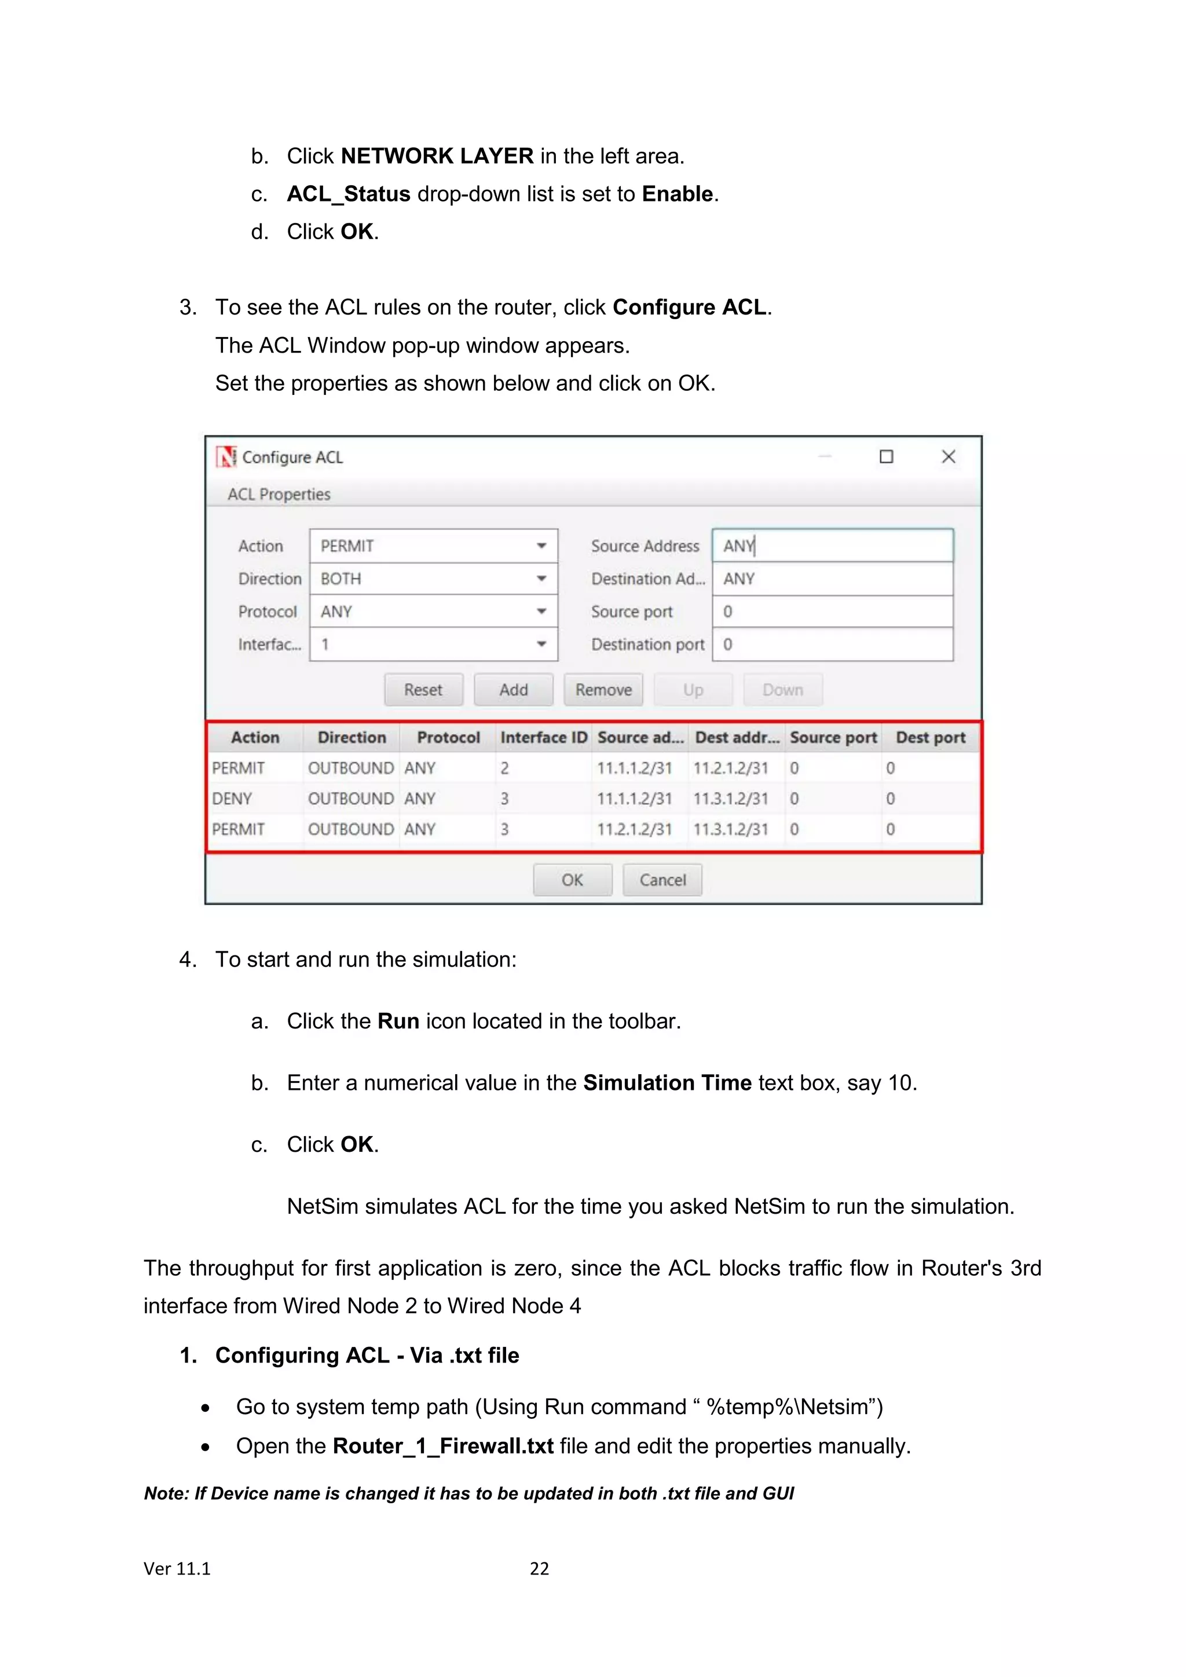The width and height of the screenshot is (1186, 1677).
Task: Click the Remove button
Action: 603,690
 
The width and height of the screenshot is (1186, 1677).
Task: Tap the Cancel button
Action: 662,880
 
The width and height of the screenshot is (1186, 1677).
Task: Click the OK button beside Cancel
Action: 572,880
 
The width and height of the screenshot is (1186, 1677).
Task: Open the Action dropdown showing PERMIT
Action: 433,545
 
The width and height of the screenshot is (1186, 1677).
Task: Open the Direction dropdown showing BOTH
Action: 433,578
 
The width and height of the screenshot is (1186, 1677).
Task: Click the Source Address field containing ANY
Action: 833,545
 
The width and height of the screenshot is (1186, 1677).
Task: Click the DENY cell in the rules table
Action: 232,799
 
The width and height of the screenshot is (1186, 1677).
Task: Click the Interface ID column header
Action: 543,738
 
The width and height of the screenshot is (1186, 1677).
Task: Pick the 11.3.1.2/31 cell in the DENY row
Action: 730,799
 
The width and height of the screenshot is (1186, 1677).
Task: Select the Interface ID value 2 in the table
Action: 504,768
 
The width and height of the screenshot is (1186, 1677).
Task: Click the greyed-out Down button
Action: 782,690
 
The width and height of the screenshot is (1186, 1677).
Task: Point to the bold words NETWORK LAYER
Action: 437,156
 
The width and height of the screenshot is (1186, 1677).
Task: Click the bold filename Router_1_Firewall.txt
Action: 442,1445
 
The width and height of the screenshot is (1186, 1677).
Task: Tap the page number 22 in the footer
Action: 539,1568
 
